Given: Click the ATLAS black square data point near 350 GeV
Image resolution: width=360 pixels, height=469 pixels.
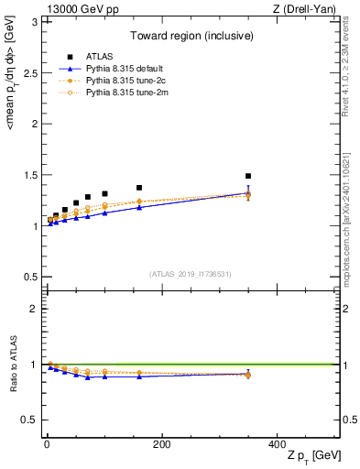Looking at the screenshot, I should [248, 176].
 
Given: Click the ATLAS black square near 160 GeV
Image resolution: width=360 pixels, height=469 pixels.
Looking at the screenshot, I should [139, 188].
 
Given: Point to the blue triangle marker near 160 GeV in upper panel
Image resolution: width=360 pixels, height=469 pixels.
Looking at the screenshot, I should [139, 208].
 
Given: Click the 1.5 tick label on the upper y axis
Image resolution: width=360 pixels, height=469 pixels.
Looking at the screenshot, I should [28, 175].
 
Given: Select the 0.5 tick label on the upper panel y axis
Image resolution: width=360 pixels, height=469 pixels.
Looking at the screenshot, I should [28, 277].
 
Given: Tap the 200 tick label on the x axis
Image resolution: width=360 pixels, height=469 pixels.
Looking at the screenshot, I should [161, 443].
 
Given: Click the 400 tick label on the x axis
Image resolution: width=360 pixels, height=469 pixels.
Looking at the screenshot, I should [277, 443].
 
